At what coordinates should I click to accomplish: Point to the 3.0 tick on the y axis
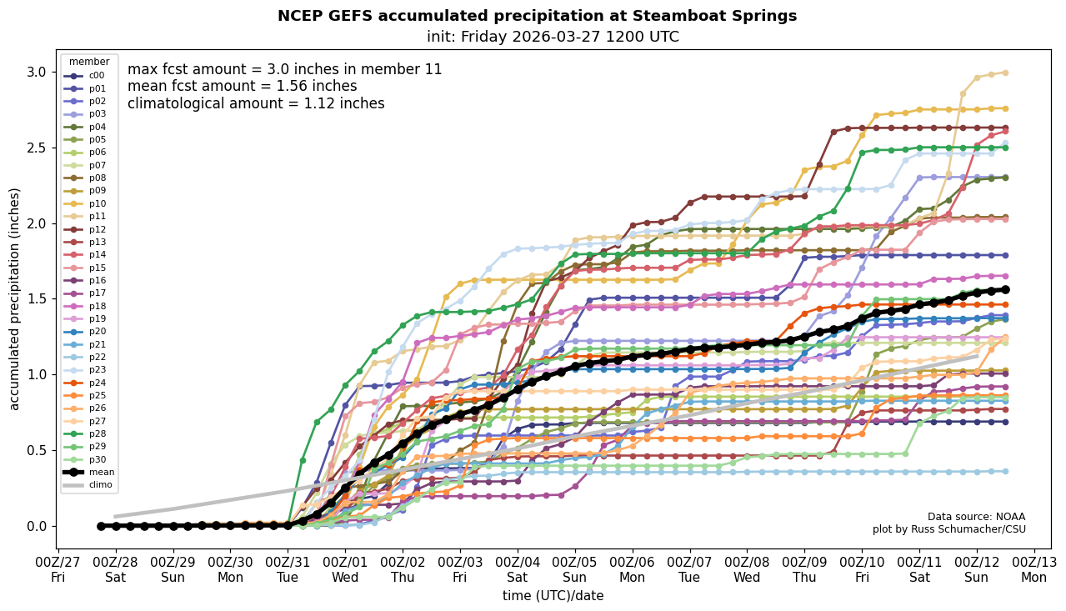[x=37, y=72]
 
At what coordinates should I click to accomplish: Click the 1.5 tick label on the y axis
[x=37, y=298]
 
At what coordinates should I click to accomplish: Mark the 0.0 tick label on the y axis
[x=37, y=526]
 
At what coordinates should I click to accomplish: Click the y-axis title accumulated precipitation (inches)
[x=15, y=298]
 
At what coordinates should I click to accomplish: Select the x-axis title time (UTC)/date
[x=553, y=596]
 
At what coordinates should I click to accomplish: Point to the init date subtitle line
[x=553, y=37]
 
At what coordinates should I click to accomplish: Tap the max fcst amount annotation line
[x=284, y=69]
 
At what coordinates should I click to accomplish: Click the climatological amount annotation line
[x=256, y=103]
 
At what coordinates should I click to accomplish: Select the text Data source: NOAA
[x=976, y=517]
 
